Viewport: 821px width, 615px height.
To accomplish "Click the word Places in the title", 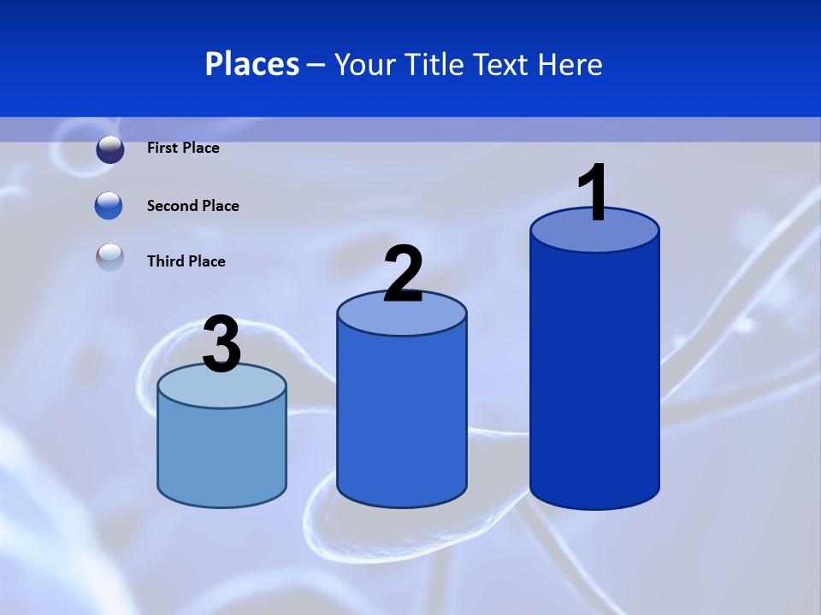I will tap(252, 64).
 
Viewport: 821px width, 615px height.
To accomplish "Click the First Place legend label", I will tap(183, 148).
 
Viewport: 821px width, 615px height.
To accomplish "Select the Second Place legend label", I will tap(192, 206).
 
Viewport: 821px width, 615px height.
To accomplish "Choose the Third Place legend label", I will tap(186, 261).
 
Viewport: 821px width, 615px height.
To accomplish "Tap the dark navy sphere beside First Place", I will tap(110, 149).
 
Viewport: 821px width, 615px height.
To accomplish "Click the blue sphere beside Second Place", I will tap(109, 206).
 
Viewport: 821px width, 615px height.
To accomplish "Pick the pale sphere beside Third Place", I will tap(110, 257).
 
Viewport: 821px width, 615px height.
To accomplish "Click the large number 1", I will tap(593, 194).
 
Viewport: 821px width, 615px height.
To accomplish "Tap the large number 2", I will tap(404, 274).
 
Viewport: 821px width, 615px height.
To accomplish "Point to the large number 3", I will tap(222, 345).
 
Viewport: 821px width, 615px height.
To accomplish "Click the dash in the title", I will tap(316, 65).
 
